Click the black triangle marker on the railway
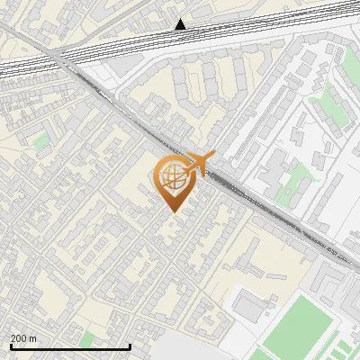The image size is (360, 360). [x=181, y=24]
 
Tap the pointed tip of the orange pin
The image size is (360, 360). [x=172, y=211]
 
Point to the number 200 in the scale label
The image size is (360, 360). [x=18, y=338]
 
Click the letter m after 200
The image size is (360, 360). [x=33, y=338]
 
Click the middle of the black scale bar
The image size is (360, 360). [x=71, y=346]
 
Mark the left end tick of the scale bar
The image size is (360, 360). [x=12, y=346]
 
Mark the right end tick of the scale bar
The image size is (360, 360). [x=130, y=346]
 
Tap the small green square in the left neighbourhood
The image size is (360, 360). [x=41, y=142]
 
